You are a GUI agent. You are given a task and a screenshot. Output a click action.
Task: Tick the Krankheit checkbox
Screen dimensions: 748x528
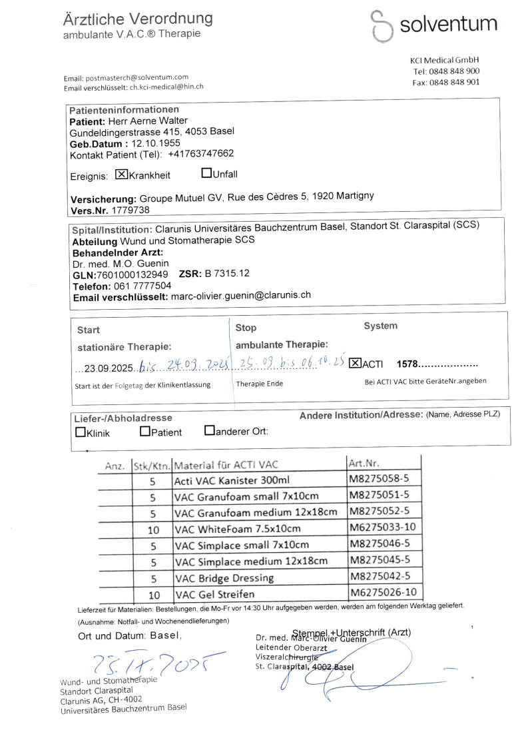[121, 175]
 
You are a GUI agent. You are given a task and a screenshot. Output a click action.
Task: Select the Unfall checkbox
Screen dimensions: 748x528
[206, 174]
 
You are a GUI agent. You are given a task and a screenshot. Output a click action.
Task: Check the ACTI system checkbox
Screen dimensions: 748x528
[355, 363]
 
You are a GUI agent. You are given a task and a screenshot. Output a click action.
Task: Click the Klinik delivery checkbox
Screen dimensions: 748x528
[81, 432]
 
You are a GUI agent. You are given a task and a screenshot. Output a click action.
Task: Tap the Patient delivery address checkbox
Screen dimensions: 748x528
[145, 432]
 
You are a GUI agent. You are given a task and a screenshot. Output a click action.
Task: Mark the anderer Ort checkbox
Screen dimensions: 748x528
[209, 431]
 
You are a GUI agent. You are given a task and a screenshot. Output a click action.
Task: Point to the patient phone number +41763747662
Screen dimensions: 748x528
[200, 154]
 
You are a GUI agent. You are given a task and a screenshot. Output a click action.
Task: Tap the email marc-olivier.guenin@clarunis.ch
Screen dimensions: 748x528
[240, 295]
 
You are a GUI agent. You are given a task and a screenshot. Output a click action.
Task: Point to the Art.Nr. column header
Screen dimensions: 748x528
[364, 463]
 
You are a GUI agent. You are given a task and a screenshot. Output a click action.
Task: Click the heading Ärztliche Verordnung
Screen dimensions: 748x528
[138, 18]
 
